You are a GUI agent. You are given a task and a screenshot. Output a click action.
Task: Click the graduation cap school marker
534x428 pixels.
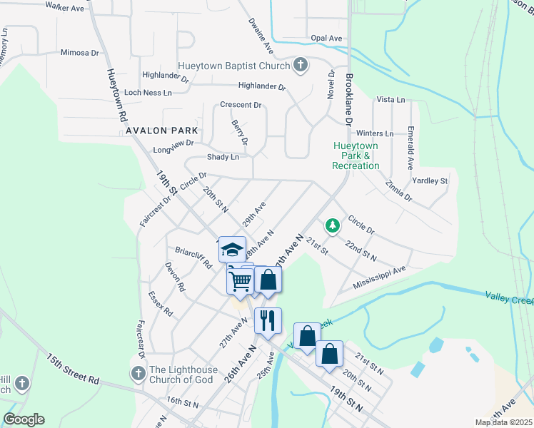[232, 250]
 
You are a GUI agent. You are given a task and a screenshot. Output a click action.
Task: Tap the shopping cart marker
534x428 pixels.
[240, 280]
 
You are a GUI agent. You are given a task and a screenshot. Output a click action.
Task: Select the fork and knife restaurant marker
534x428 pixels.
[268, 321]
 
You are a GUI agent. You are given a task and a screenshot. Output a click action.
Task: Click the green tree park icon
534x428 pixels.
[332, 226]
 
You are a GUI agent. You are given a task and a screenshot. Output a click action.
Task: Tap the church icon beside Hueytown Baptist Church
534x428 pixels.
[301, 66]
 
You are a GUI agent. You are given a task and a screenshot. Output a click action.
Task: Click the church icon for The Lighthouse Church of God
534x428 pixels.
[137, 373]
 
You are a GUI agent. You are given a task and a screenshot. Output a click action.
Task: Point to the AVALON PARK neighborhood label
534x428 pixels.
[161, 131]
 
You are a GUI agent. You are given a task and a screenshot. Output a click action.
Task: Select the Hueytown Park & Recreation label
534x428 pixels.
[356, 156]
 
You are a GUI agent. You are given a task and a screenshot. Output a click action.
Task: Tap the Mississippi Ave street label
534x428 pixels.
[379, 278]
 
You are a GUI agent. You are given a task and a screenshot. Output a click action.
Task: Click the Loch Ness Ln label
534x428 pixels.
[148, 93]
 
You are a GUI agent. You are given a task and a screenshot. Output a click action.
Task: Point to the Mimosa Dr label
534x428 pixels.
[79, 53]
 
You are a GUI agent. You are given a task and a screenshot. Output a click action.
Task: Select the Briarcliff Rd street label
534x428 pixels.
[194, 257]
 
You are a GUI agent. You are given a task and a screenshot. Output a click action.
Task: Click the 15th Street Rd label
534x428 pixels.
[73, 368]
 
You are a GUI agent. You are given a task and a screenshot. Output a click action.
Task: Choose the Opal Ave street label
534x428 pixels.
[326, 39]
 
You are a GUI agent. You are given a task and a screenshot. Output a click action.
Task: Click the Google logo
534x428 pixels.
[24, 419]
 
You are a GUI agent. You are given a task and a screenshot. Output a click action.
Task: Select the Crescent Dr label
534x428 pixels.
[241, 105]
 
